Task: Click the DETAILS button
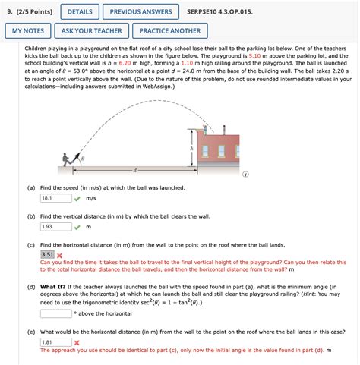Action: point(80,13)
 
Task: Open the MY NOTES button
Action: point(27,31)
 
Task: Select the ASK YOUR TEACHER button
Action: point(92,31)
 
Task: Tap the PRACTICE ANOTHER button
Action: point(170,31)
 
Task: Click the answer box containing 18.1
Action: point(55,198)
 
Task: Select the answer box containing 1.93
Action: point(55,226)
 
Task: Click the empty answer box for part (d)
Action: point(55,311)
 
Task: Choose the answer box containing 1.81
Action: point(55,342)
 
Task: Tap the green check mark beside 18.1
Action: point(77,198)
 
